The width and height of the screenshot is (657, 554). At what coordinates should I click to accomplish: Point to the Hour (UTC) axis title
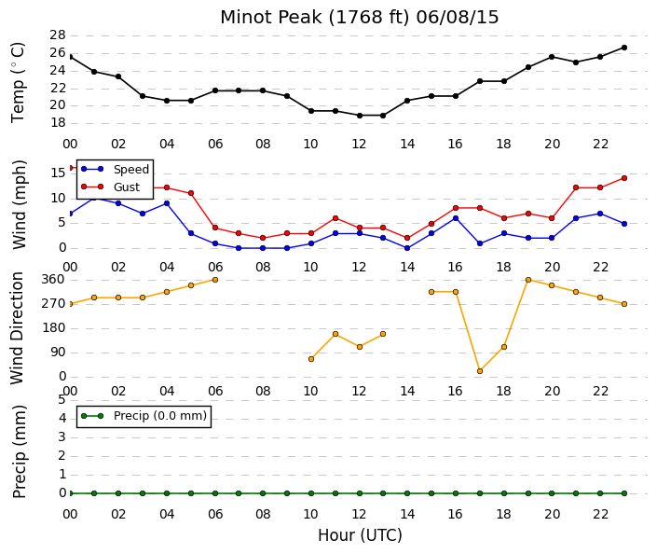tap(360, 535)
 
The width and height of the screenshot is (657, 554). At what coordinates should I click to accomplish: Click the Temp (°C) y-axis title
tap(18, 83)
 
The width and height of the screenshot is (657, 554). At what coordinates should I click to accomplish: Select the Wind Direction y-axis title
tap(17, 328)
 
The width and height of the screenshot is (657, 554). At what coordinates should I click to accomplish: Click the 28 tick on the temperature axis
tap(58, 35)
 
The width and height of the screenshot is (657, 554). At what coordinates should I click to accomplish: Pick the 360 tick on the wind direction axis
tap(53, 280)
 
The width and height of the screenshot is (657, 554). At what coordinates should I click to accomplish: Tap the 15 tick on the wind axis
tap(58, 173)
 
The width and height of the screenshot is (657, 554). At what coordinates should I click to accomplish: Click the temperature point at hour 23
tap(624, 48)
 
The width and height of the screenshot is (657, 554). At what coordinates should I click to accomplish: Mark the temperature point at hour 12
tap(360, 116)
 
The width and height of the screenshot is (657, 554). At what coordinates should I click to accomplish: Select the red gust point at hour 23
tap(624, 178)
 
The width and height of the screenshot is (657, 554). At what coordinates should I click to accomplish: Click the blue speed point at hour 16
tap(456, 218)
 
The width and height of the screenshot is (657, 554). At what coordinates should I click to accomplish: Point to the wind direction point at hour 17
tap(480, 371)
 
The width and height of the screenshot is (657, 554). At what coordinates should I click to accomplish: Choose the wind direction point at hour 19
tap(528, 280)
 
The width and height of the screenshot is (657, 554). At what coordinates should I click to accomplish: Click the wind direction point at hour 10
tap(311, 359)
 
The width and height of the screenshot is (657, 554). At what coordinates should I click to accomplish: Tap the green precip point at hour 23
tap(624, 493)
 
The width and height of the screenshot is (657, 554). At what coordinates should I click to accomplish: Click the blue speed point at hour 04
tap(167, 203)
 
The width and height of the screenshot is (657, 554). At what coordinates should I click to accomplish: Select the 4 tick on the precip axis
tap(62, 418)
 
